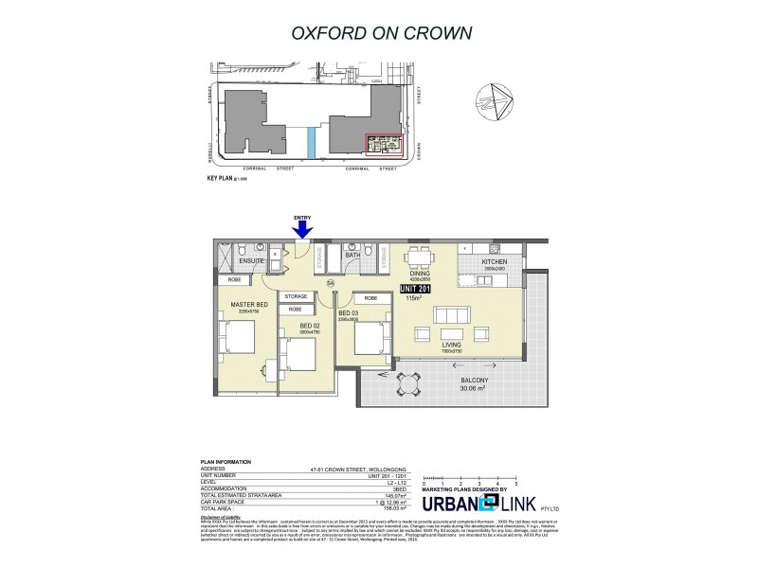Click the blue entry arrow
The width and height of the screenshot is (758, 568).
click(303, 228)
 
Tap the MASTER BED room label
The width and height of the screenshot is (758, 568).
click(248, 304)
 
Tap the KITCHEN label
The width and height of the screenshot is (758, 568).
click(495, 261)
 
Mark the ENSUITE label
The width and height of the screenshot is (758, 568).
click(251, 260)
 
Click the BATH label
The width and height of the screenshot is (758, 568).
click(353, 254)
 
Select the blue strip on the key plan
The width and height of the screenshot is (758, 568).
click(311, 143)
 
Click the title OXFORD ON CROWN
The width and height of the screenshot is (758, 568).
click(378, 34)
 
